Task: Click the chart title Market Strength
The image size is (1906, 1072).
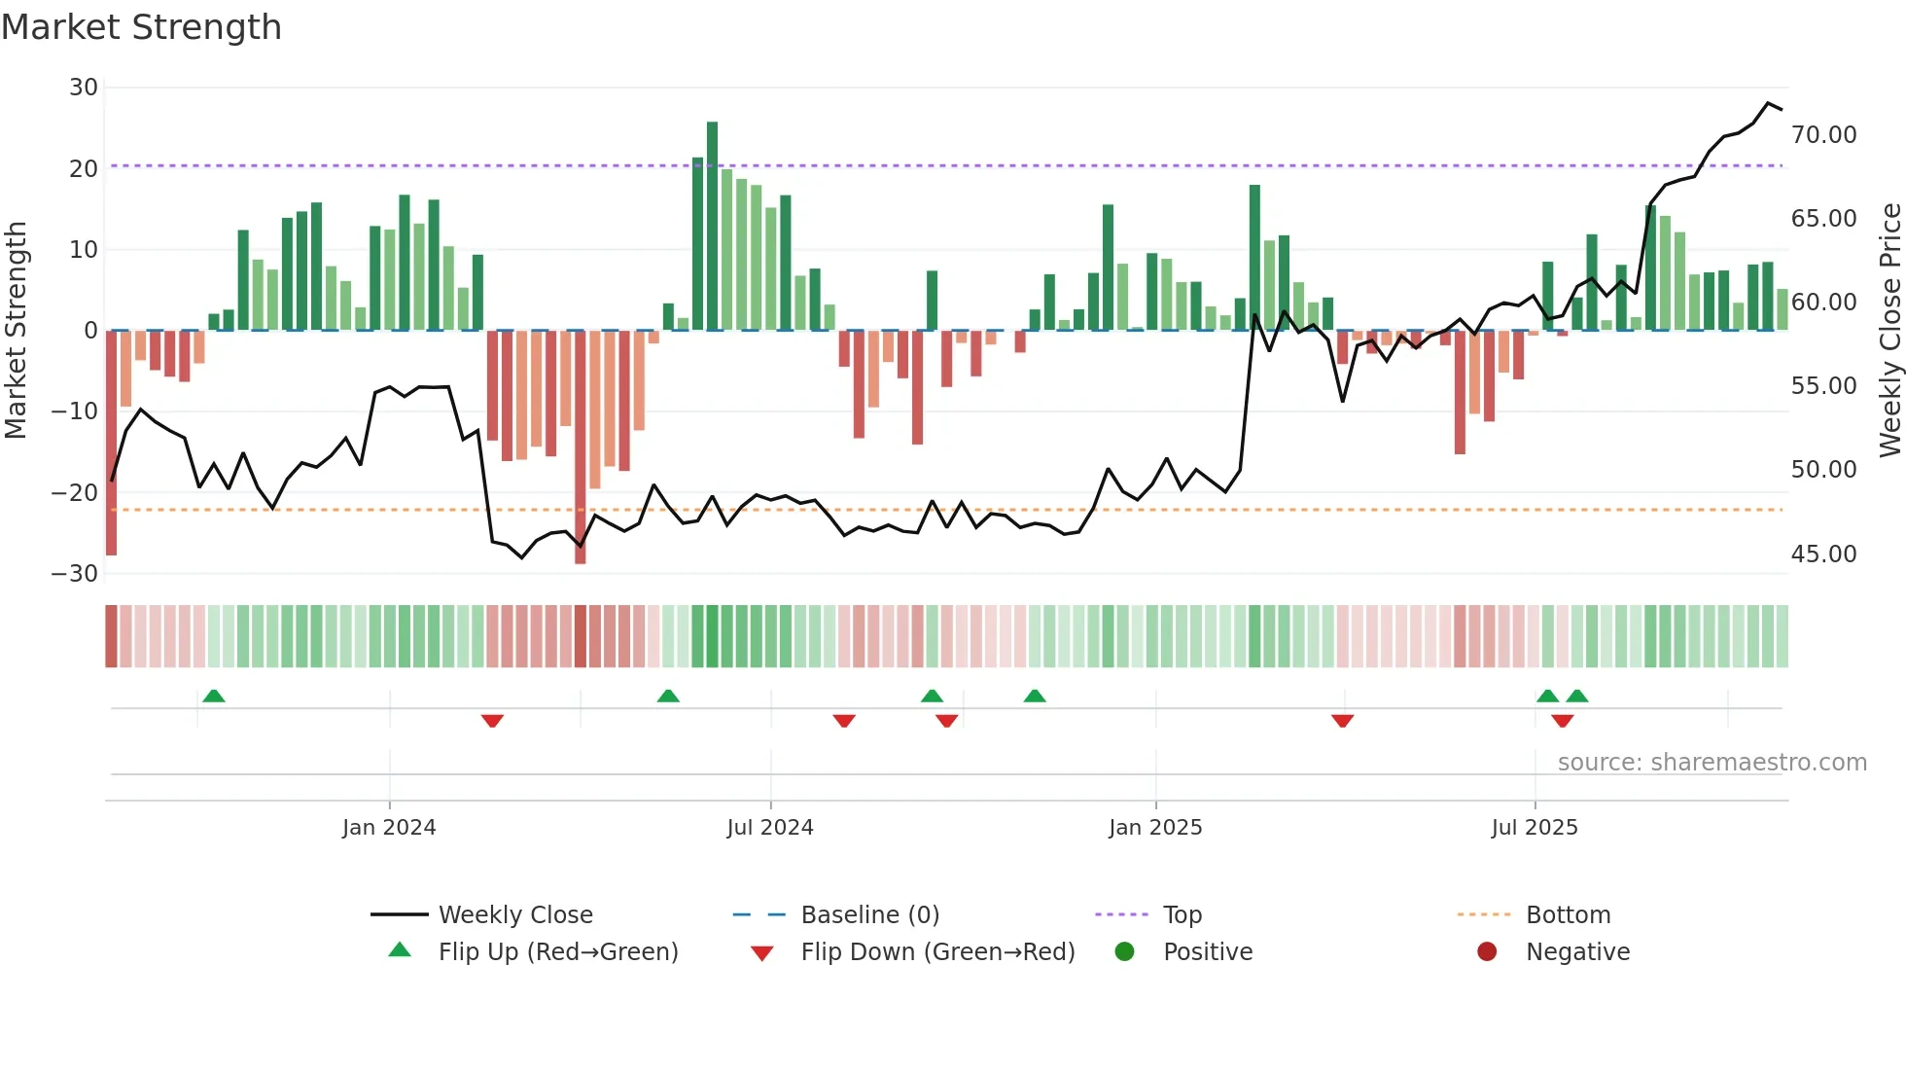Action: point(141,27)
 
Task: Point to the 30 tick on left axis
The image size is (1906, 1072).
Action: point(84,88)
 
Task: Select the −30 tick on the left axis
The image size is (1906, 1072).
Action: point(75,574)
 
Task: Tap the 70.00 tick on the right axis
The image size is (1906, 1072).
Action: point(1823,135)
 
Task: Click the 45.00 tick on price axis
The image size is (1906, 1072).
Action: point(1823,554)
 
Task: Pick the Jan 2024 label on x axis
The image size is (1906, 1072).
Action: point(389,828)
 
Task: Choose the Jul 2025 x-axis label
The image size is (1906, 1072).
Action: point(1534,828)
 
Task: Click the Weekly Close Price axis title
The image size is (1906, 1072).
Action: point(1889,331)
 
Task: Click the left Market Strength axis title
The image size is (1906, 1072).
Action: point(17,331)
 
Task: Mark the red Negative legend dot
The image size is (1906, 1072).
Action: point(1487,952)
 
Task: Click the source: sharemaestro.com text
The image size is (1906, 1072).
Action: point(1712,763)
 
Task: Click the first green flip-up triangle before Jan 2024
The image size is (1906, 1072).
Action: point(214,696)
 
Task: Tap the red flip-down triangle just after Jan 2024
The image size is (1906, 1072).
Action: point(492,721)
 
